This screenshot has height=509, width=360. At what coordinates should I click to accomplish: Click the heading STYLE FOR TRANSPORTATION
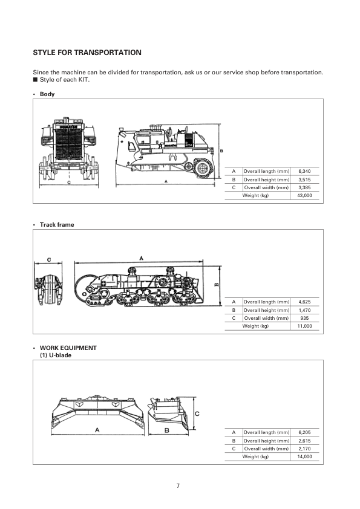point(87,53)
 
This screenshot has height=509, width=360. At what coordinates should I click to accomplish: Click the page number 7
point(178,485)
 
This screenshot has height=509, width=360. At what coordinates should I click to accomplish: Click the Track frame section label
point(57,225)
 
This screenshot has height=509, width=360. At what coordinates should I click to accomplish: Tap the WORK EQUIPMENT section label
point(68,348)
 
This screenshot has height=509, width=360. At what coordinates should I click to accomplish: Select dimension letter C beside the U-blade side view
point(198,413)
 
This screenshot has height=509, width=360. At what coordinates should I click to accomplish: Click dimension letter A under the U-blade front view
point(97,430)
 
